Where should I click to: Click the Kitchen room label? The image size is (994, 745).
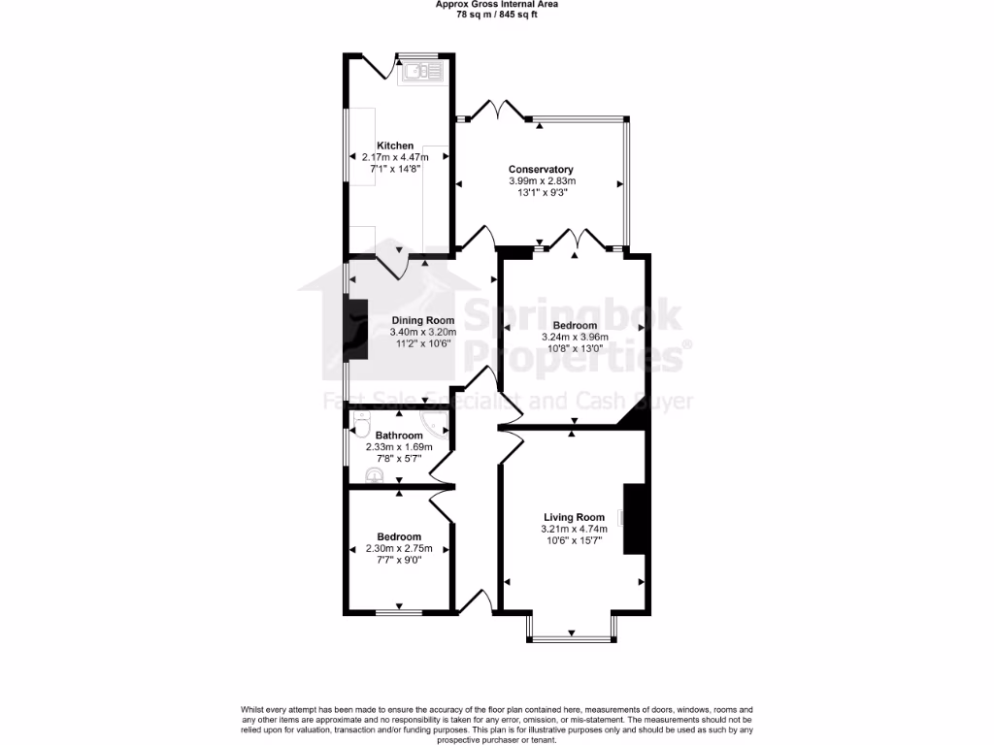(x=395, y=146)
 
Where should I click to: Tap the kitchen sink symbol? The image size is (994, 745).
(x=419, y=70)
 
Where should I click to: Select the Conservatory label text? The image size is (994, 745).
(x=541, y=170)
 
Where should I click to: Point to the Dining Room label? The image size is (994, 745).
(x=423, y=321)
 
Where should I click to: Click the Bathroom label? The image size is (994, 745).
(x=399, y=436)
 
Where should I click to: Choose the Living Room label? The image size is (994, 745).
(x=574, y=517)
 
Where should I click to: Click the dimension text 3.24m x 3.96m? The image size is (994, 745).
(x=575, y=338)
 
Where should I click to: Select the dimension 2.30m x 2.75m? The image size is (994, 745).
(x=399, y=549)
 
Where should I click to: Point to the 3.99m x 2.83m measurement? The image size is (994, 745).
(x=542, y=181)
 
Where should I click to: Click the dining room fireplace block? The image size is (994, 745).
(x=357, y=330)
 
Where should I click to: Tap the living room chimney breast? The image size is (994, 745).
(x=634, y=518)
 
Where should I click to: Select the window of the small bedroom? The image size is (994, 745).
(x=398, y=612)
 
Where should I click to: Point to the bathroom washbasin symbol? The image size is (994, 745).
(x=374, y=473)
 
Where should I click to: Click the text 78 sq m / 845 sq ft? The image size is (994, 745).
(x=496, y=15)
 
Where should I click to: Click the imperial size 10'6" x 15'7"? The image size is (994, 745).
(x=574, y=540)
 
